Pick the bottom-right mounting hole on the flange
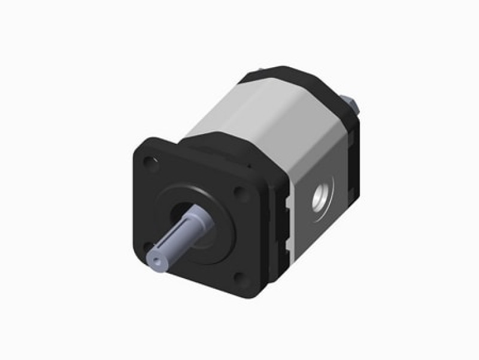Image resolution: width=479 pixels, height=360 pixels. (x=239, y=277)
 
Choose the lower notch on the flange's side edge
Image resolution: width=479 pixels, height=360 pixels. (x=288, y=244)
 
